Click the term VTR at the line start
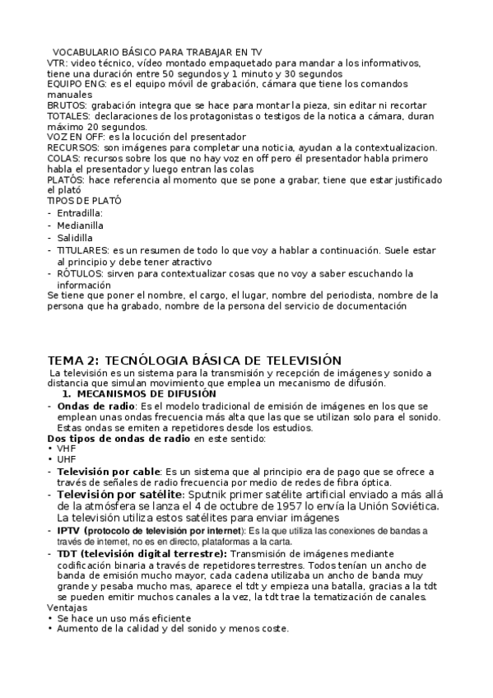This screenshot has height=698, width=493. click(56, 63)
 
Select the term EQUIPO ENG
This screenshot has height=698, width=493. click(75, 84)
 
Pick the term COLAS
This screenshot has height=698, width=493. click(63, 158)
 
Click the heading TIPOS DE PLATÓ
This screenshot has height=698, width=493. click(85, 201)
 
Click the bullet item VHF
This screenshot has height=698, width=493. click(66, 449)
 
